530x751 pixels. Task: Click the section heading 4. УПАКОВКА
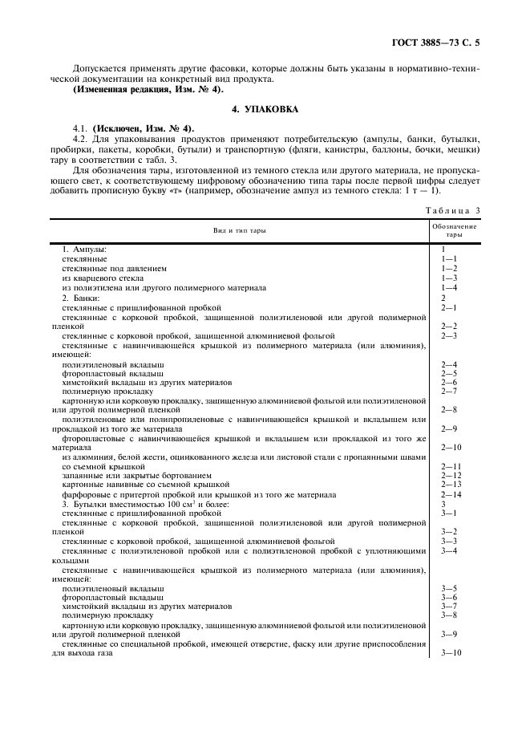coord(265,108)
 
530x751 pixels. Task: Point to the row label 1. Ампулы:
coord(84,250)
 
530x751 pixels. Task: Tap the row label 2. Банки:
coord(81,298)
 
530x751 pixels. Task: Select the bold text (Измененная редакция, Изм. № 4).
coord(137,89)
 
